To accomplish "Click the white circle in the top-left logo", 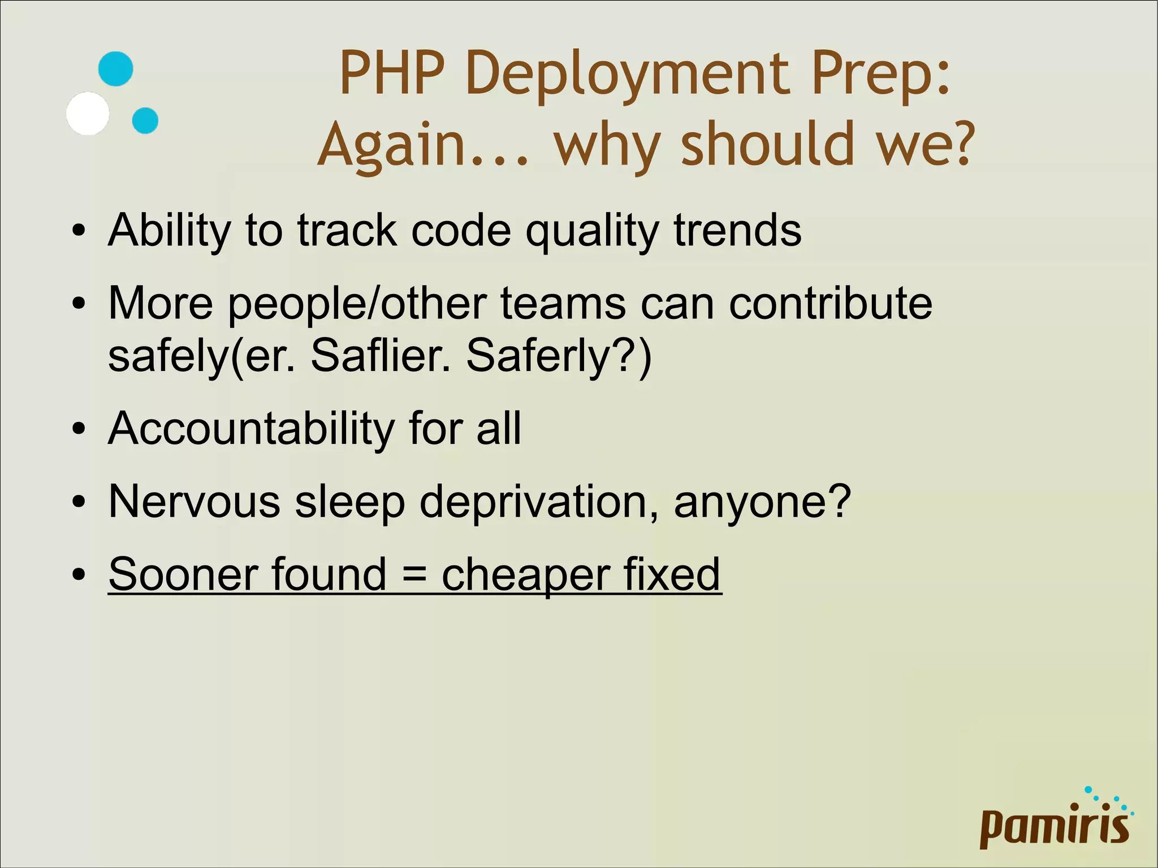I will tap(88, 113).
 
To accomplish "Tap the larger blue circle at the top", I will tap(115, 69).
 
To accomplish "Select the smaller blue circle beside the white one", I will tap(145, 120).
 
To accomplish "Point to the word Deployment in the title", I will tap(627, 74).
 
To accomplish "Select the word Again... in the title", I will tap(424, 145).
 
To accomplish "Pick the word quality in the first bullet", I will tap(591, 231).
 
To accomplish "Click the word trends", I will tap(737, 231).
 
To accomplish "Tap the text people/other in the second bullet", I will tap(357, 304).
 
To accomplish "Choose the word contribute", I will tap(831, 304).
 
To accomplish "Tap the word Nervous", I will tap(194, 502).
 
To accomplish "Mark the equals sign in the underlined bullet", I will tap(413, 575).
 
